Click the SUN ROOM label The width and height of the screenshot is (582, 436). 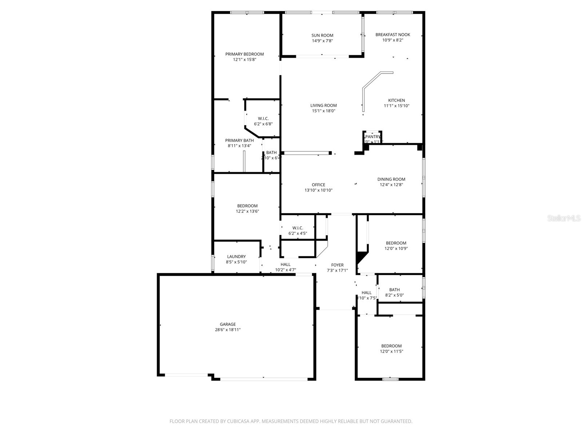coord(322,35)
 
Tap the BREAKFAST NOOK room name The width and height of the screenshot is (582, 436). coord(392,35)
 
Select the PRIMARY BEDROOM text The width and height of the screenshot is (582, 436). coord(244,54)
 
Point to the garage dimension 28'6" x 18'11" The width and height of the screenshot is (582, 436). coord(228,330)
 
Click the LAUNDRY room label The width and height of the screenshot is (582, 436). coord(236,257)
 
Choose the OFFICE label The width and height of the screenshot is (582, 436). coord(318,185)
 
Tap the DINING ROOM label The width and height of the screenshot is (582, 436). coord(391,179)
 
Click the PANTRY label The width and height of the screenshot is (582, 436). coord(373,137)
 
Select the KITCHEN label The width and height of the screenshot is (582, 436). coord(396,100)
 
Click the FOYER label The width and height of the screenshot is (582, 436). coord(337,265)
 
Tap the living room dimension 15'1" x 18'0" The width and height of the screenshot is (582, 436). coord(323,111)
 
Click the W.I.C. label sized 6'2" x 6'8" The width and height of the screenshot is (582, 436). coord(263,118)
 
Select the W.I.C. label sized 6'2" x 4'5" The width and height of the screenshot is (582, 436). coord(298,228)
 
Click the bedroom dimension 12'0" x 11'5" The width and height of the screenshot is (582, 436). coord(391,351)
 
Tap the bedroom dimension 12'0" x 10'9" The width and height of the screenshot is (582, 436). coord(396,249)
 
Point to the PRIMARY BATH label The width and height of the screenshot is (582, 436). coord(239,140)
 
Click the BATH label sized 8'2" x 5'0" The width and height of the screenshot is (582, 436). coord(394,290)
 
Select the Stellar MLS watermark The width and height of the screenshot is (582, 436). coord(564,218)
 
